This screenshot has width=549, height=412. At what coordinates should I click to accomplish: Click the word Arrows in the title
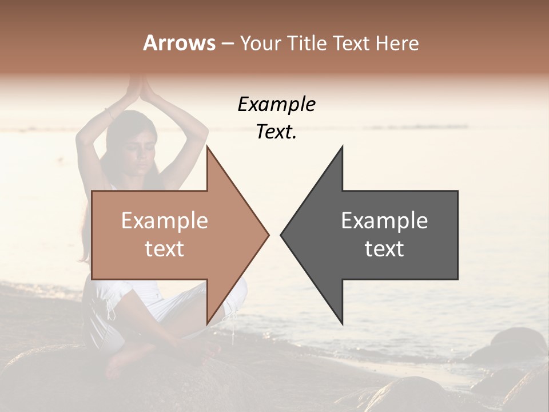(x=179, y=43)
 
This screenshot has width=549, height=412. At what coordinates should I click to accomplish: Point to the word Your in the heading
(x=261, y=43)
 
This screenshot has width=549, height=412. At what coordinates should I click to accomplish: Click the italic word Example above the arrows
(x=276, y=104)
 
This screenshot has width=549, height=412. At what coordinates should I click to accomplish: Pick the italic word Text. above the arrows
(x=276, y=132)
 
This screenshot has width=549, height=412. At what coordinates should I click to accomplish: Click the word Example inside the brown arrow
(x=164, y=220)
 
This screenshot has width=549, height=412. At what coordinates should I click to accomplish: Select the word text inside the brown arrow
(x=164, y=249)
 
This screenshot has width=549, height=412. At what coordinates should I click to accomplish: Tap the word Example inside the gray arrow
(x=384, y=220)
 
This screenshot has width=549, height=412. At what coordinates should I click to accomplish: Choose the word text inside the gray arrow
(x=384, y=249)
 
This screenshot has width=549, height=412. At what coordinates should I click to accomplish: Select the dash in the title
(x=227, y=43)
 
